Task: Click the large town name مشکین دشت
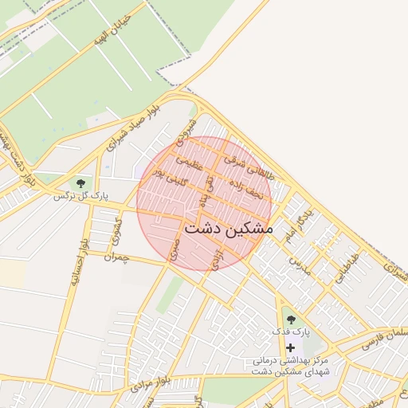(x=228, y=228)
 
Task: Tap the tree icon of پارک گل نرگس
(x=80, y=183)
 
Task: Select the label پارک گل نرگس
(x=80, y=195)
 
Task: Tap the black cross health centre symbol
(x=290, y=347)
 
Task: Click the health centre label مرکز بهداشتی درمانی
(x=299, y=360)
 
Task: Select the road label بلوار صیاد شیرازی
(x=138, y=127)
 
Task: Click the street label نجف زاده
(x=245, y=189)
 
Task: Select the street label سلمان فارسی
(x=383, y=338)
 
